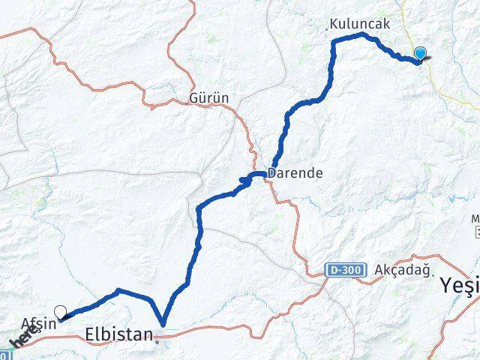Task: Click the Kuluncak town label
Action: (359, 25)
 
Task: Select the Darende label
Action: (297, 172)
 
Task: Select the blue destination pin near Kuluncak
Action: (420, 54)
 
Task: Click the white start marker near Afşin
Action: (60, 311)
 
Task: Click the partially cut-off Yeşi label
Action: (459, 286)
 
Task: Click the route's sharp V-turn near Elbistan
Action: (162, 325)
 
